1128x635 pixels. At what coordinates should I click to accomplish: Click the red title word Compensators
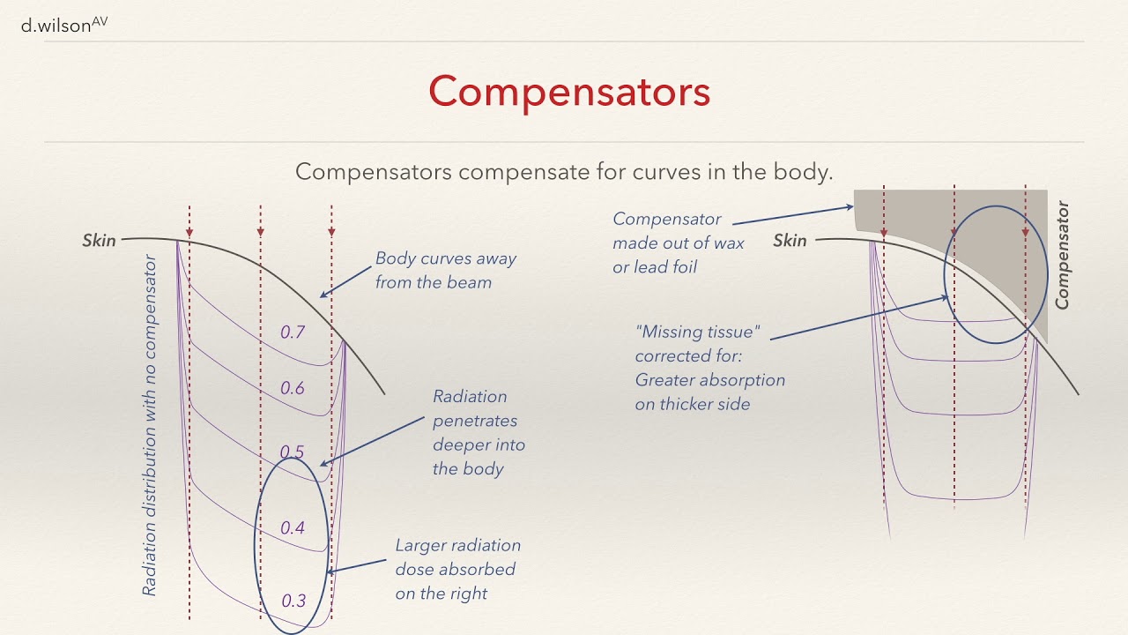click(569, 92)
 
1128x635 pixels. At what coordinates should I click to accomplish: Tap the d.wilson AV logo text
click(63, 26)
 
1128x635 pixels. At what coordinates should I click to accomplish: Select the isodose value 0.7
click(293, 332)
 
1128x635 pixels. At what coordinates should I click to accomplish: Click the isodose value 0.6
click(293, 388)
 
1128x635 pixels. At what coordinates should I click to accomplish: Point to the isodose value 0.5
click(292, 452)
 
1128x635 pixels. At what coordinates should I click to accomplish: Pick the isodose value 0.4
click(293, 528)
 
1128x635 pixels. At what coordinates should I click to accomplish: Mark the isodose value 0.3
click(293, 601)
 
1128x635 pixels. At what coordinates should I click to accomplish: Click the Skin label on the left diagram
click(100, 240)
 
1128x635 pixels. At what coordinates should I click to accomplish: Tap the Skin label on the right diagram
click(790, 240)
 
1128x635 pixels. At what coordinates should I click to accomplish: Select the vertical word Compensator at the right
click(1062, 256)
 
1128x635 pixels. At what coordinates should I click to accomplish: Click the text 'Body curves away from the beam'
click(445, 271)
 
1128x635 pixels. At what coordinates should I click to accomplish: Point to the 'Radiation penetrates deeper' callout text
click(478, 432)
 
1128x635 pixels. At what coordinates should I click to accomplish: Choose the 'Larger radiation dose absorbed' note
click(457, 570)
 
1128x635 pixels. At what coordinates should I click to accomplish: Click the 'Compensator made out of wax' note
click(678, 243)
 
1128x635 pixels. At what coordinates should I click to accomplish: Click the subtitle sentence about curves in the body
click(564, 171)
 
